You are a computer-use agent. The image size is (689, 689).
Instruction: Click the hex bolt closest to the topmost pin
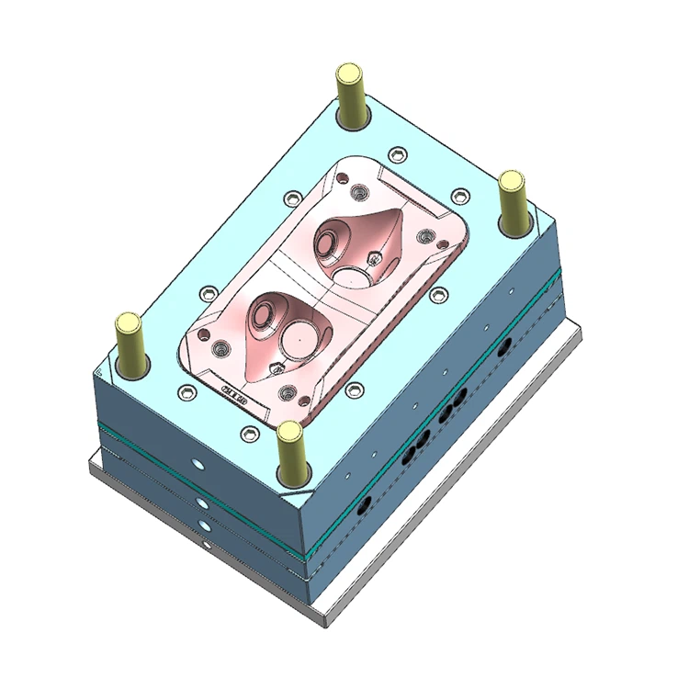coord(395,152)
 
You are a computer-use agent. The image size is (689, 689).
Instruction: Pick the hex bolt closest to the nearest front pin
coord(246,433)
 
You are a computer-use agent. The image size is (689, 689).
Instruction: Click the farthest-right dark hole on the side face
coord(503,347)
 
